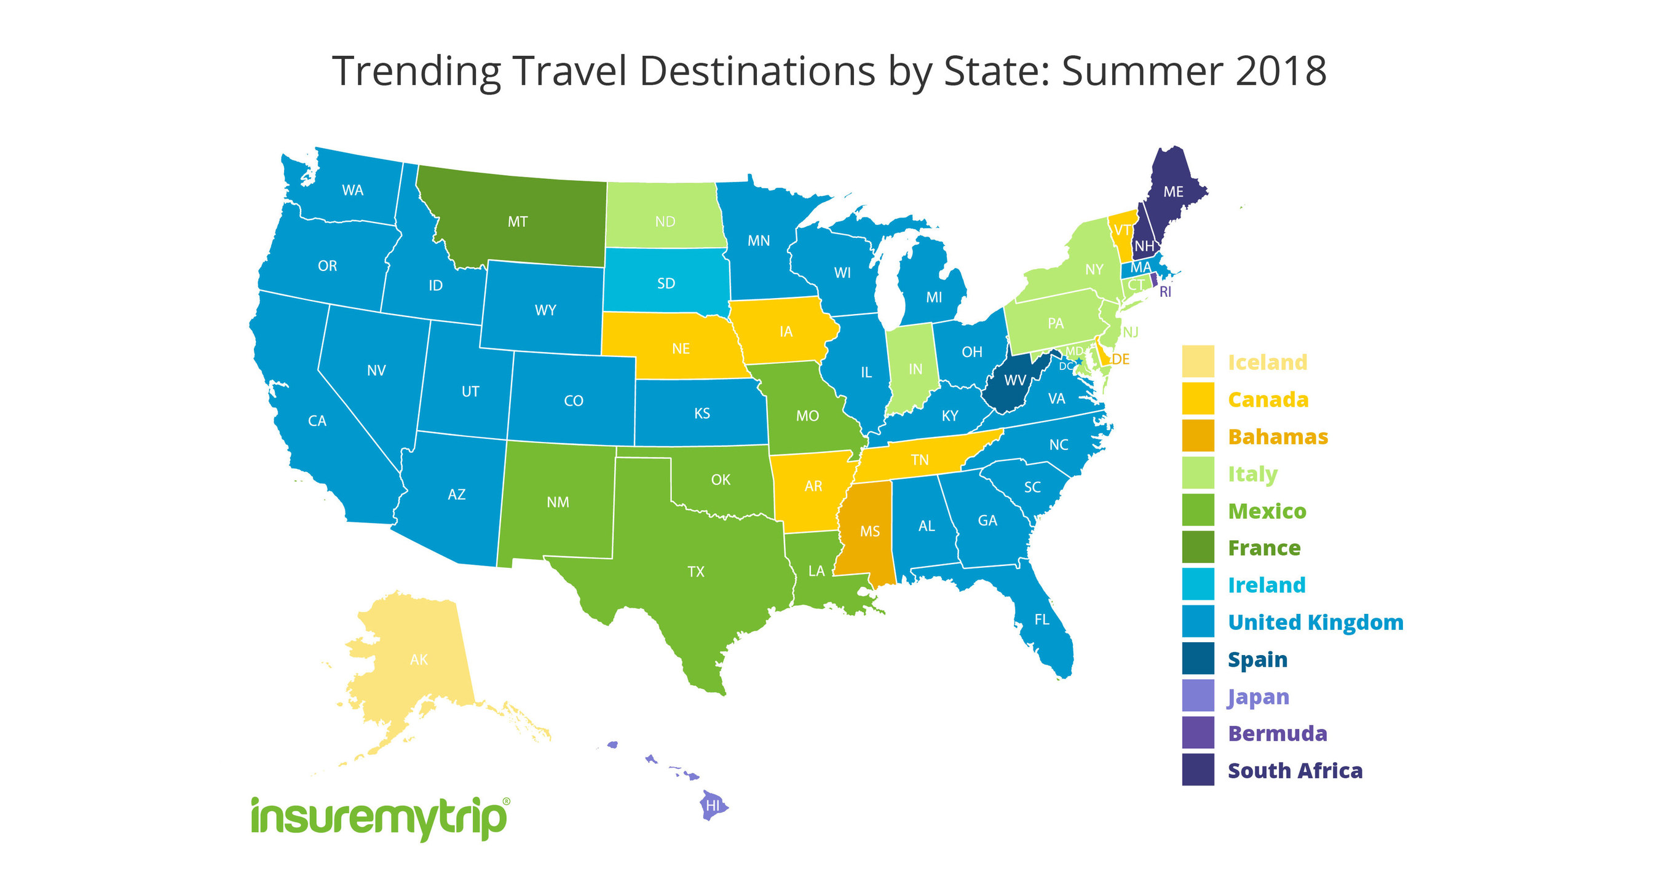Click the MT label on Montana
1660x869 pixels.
click(x=518, y=222)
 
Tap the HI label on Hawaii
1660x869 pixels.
click(x=712, y=805)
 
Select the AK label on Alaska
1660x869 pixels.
click(x=419, y=659)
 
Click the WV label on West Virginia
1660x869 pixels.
click(x=1015, y=380)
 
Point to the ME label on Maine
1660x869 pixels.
click(x=1174, y=191)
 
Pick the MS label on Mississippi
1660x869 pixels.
click(x=870, y=531)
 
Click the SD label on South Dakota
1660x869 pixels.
click(x=666, y=283)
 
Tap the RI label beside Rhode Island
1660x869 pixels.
click(x=1166, y=292)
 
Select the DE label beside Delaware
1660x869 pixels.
click(x=1121, y=359)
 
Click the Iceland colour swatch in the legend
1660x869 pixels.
click(x=1198, y=361)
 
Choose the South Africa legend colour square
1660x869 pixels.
click(x=1198, y=770)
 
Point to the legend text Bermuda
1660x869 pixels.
click(x=1277, y=733)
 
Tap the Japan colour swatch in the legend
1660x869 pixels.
click(x=1198, y=696)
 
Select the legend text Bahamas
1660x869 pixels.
click(x=1278, y=436)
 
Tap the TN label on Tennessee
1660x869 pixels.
click(x=920, y=459)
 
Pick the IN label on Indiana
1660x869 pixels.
click(x=915, y=369)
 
